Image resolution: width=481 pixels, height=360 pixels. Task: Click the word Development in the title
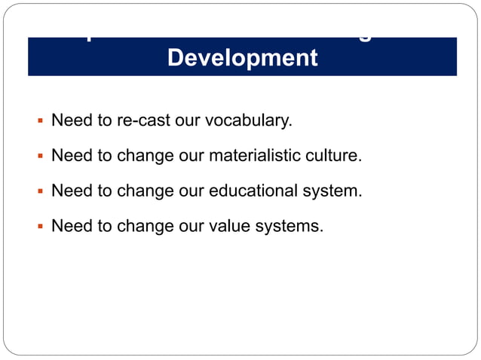pyautogui.click(x=242, y=58)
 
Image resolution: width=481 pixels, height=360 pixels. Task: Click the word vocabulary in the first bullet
pyautogui.click(x=253, y=121)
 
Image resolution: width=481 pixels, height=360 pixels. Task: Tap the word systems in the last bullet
pyautogui.click(x=293, y=227)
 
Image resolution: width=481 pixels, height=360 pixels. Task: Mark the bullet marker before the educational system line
pyautogui.click(x=38, y=192)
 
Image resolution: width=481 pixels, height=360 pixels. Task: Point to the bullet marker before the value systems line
pyautogui.click(x=38, y=227)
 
